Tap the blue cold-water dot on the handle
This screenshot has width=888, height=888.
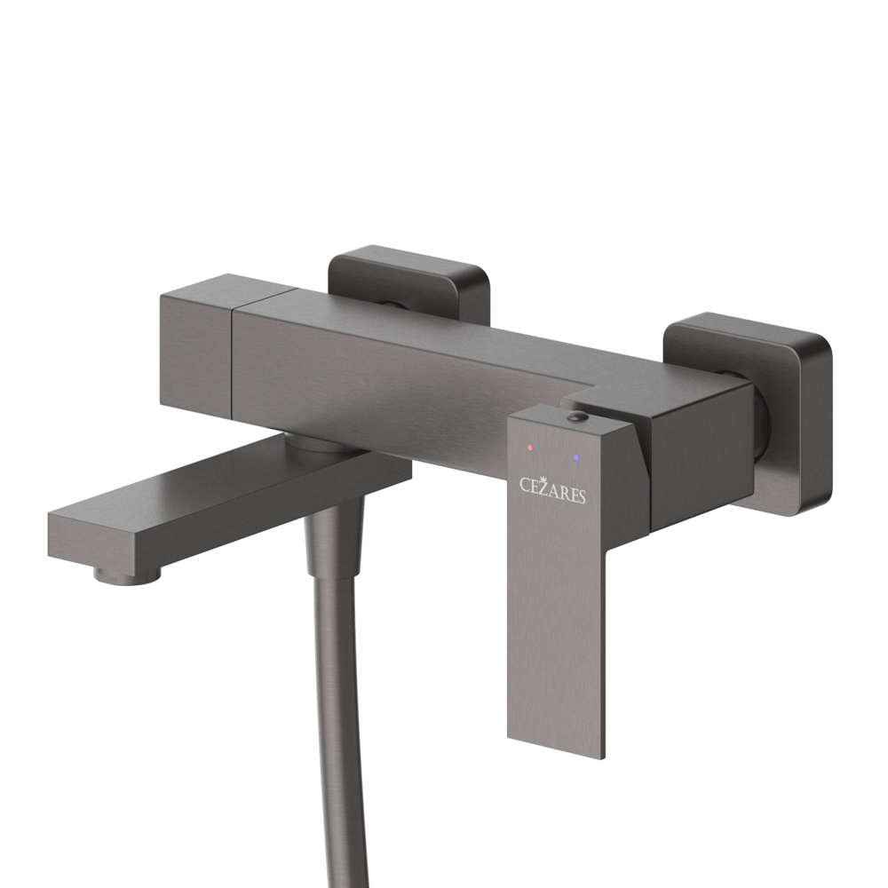[x=577, y=457]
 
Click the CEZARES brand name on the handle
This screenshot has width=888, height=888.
[x=552, y=491]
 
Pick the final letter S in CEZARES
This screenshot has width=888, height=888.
[x=582, y=497]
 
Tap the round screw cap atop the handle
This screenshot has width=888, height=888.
[x=576, y=416]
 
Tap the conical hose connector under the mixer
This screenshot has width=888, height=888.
[x=335, y=533]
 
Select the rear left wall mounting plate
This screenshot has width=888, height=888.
[x=408, y=280]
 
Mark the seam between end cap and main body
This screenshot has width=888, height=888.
[x=233, y=355]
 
